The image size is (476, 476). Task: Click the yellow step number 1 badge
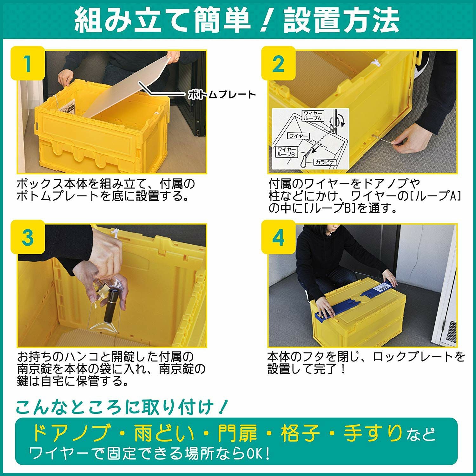click(x=28, y=63)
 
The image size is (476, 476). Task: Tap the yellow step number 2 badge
click(x=278, y=63)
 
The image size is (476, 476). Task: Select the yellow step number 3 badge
click(x=28, y=237)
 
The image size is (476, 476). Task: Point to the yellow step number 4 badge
click(x=278, y=237)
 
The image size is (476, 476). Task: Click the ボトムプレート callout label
click(x=222, y=95)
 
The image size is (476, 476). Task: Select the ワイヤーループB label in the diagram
click(x=287, y=151)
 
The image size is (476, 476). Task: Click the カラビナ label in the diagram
click(x=325, y=162)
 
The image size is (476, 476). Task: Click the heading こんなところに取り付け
click(x=121, y=407)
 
